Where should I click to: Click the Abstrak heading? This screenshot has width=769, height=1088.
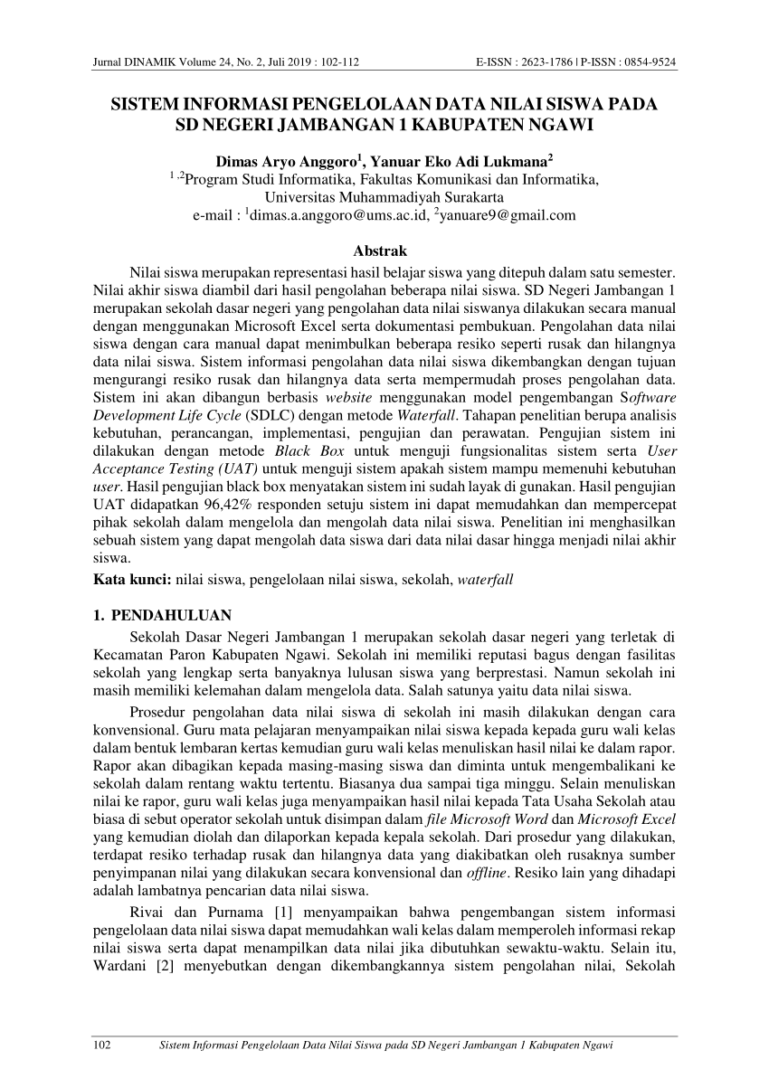point(384,251)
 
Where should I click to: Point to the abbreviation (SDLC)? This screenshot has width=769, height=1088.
point(266,415)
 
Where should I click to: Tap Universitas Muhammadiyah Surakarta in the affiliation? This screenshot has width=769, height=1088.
point(384,197)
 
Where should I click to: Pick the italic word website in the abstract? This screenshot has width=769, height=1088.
point(347,397)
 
